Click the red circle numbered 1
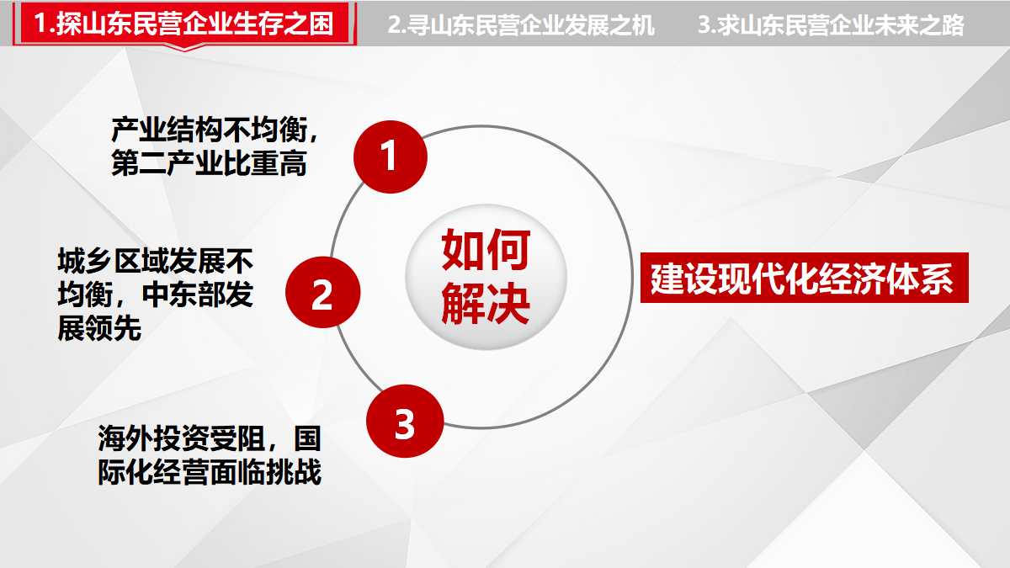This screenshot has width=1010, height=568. click(390, 157)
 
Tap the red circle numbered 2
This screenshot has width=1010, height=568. click(323, 292)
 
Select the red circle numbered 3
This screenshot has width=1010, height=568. click(405, 421)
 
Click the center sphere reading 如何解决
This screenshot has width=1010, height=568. click(486, 276)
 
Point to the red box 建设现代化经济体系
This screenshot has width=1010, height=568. click(805, 278)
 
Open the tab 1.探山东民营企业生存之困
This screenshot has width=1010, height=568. click(184, 24)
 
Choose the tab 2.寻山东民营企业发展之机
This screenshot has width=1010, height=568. click(521, 24)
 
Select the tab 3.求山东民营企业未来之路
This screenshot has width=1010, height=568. click(831, 24)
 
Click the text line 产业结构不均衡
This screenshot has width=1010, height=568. click(210, 130)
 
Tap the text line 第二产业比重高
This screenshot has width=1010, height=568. click(210, 163)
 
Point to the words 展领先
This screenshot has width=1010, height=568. click(99, 328)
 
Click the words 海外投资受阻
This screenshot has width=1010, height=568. click(181, 438)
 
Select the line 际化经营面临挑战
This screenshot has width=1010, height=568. click(210, 471)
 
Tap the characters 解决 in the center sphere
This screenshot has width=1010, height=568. click(486, 303)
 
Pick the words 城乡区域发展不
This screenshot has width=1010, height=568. click(156, 261)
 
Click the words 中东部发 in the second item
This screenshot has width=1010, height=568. click(198, 295)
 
